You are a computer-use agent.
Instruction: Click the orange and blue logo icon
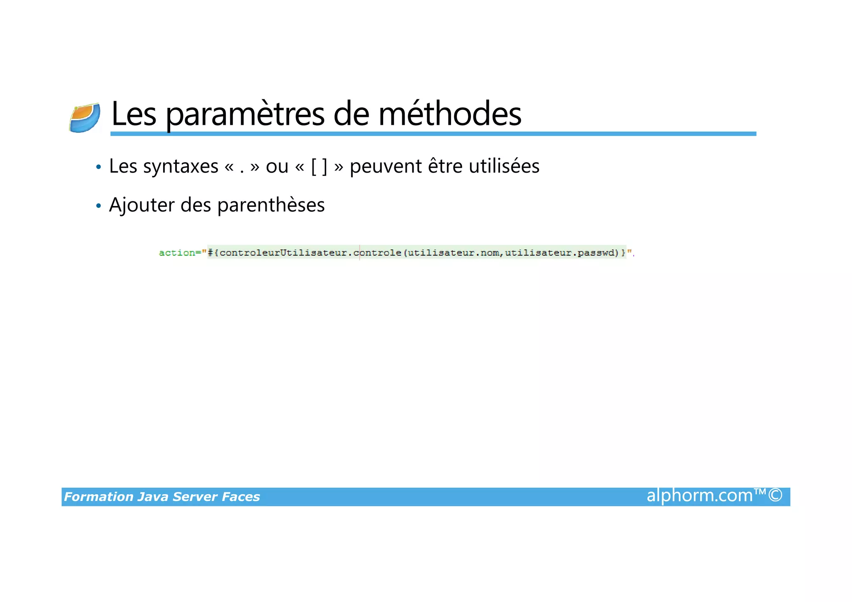[x=85, y=118]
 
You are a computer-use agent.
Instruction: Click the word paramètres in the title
[x=245, y=114]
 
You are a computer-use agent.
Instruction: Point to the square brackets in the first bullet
[x=319, y=167]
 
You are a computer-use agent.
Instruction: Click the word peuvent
[x=386, y=166]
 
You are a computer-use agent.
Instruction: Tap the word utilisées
[x=504, y=166]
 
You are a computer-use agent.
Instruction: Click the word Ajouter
[x=141, y=205]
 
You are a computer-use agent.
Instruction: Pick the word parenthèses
[x=271, y=205]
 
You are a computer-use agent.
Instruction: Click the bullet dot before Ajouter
[x=99, y=206]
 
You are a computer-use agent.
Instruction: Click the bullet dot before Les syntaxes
[x=99, y=167]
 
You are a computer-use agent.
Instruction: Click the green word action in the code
[x=177, y=253]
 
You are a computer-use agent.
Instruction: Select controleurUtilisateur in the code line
[x=283, y=253]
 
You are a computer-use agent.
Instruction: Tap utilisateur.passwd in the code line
[x=562, y=253]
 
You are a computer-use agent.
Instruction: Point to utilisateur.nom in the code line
[x=453, y=253]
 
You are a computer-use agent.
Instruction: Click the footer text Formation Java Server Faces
[x=162, y=497]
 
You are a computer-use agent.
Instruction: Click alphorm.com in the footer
[x=700, y=496]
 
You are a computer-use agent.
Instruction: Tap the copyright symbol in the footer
[x=775, y=495]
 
